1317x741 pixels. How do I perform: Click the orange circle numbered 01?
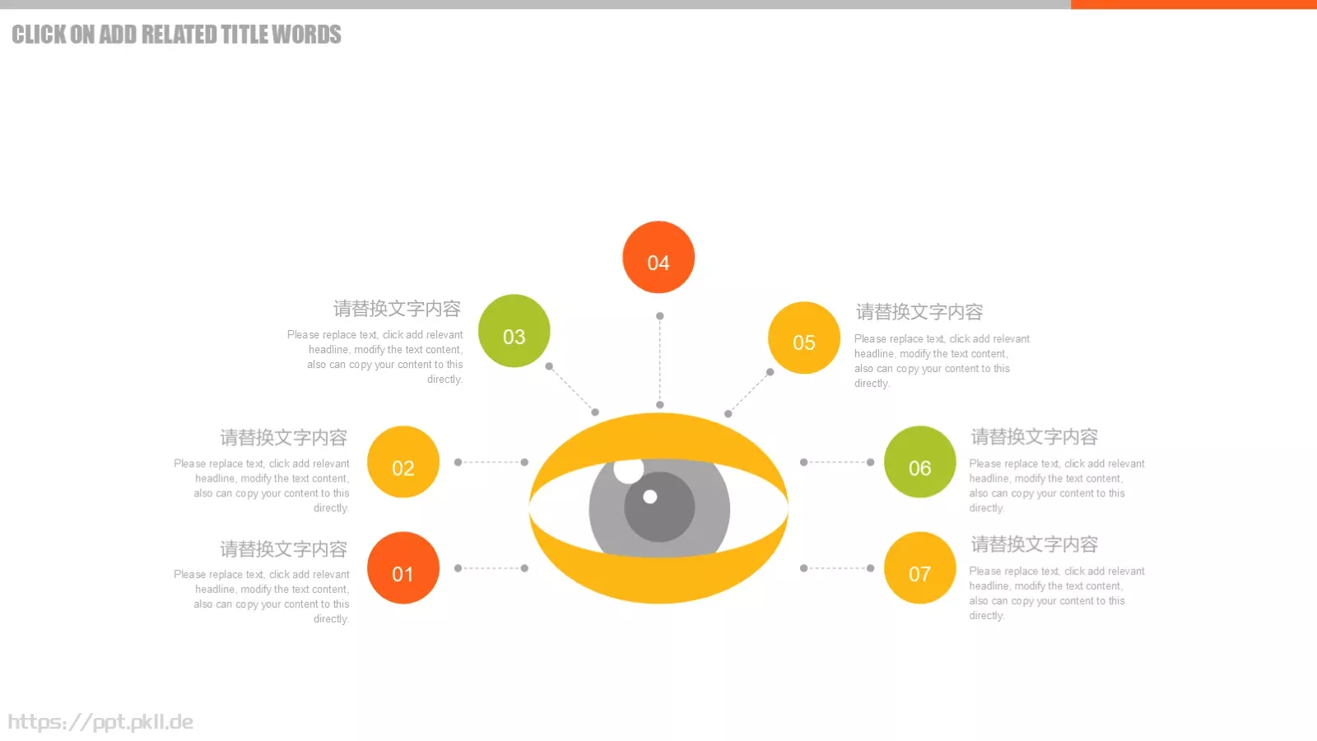[403, 568]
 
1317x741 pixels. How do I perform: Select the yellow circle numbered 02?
[403, 462]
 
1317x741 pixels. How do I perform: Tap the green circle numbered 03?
[514, 330]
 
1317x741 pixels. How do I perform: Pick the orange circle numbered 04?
[658, 257]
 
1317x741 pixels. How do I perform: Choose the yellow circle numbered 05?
[803, 338]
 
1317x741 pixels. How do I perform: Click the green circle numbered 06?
[919, 462]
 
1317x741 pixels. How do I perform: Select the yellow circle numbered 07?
[919, 568]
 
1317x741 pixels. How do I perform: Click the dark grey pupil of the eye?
[659, 507]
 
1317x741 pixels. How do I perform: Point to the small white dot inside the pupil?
[649, 497]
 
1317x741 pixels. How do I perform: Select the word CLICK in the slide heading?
[39, 35]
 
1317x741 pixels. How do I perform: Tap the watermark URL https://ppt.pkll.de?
[100, 721]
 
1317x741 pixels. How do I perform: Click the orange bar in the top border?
[1194, 4]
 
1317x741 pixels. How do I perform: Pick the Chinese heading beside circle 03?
[397, 308]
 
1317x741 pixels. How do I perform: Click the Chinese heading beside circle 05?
[919, 312]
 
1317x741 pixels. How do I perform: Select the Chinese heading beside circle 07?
[1034, 544]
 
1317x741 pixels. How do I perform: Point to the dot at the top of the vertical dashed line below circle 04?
[659, 316]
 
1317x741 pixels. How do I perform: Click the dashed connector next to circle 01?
[491, 568]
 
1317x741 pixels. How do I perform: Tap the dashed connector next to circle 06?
[836, 462]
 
